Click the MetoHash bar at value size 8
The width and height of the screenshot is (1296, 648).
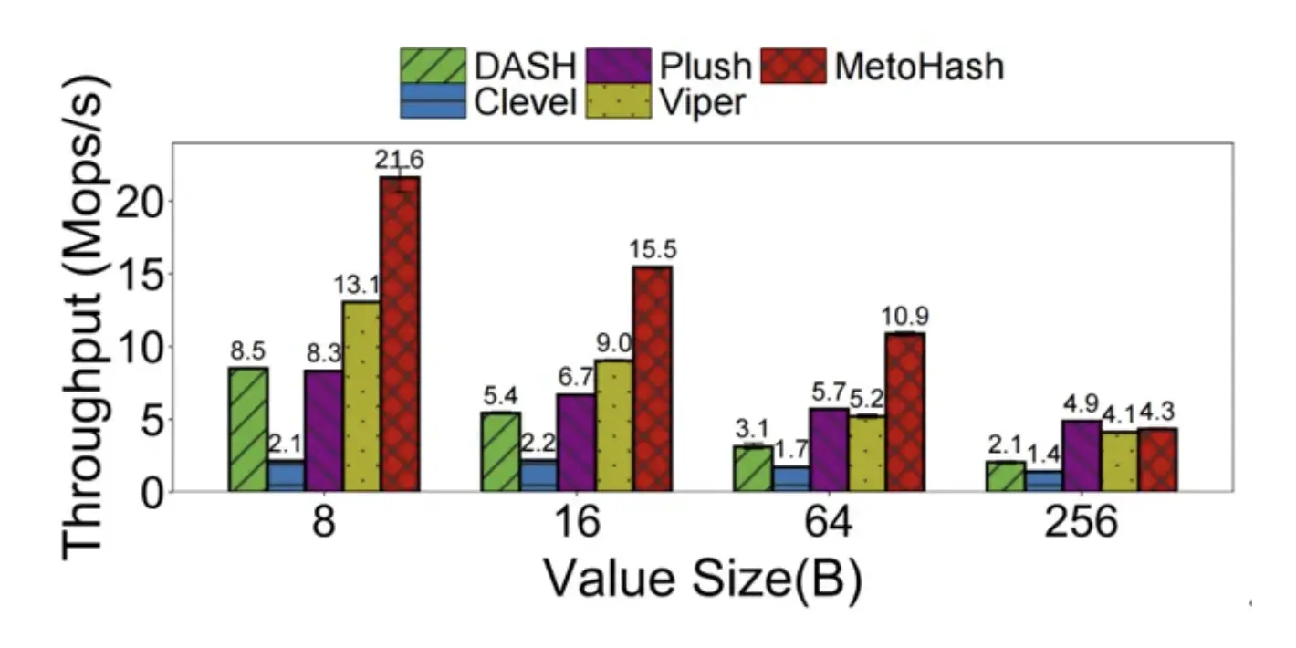pos(400,334)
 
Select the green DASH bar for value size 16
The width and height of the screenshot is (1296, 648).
pos(500,452)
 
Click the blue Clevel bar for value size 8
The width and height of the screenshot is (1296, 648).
pos(287,476)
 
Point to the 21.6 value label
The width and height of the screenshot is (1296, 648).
pos(399,160)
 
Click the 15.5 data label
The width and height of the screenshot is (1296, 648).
pos(652,249)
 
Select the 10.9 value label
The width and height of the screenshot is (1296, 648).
pos(904,318)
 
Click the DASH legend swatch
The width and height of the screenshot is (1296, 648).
pos(434,66)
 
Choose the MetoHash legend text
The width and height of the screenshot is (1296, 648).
pos(919,66)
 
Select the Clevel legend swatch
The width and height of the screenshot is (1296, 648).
pos(434,101)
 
